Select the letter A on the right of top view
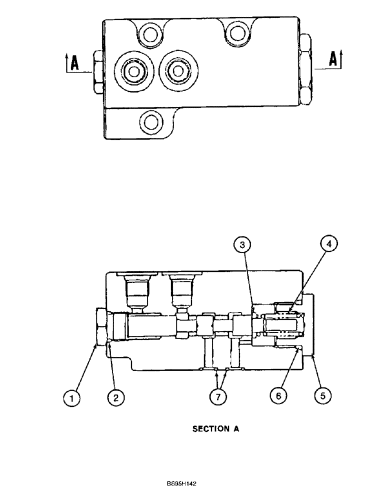click(333, 59)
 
